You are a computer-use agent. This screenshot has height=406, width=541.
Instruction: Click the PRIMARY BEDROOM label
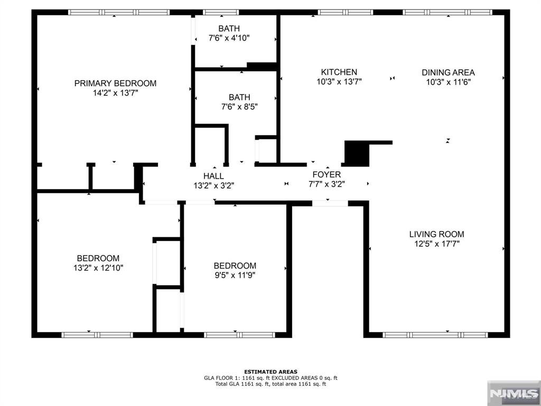click(x=115, y=83)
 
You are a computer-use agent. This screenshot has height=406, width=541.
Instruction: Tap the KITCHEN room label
click(x=339, y=72)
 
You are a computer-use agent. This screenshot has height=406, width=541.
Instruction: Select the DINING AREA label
click(x=448, y=72)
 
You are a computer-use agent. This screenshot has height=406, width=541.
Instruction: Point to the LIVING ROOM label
click(x=436, y=234)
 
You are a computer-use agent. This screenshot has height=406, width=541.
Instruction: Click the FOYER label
click(x=327, y=174)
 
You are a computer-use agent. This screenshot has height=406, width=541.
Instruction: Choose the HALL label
click(x=213, y=176)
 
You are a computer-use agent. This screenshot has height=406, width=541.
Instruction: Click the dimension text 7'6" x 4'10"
click(x=229, y=38)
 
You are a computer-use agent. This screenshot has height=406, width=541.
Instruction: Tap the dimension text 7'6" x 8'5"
click(x=239, y=107)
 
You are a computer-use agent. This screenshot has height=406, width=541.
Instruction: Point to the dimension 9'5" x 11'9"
click(x=235, y=275)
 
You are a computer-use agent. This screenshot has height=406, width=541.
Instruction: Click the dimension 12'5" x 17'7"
click(x=436, y=244)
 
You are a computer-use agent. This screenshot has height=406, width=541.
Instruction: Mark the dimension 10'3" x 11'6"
click(x=448, y=82)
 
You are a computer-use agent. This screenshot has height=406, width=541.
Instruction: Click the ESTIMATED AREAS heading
click(x=270, y=372)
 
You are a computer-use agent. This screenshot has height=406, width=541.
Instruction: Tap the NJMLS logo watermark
click(x=513, y=393)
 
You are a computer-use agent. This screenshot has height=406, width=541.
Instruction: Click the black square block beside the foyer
click(x=356, y=153)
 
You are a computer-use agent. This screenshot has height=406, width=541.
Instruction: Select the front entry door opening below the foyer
click(x=330, y=203)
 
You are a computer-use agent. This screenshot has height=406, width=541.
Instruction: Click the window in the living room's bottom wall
click(x=436, y=335)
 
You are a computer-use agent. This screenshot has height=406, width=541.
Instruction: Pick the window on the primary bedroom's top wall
click(x=119, y=12)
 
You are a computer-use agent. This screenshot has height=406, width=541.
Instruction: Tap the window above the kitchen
click(x=346, y=12)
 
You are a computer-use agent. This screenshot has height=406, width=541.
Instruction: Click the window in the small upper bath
click(x=221, y=12)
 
